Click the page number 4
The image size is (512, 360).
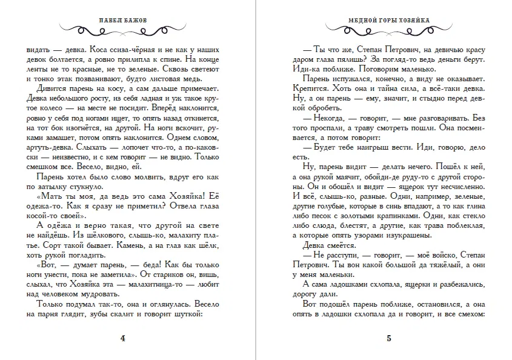pos(124,339)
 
